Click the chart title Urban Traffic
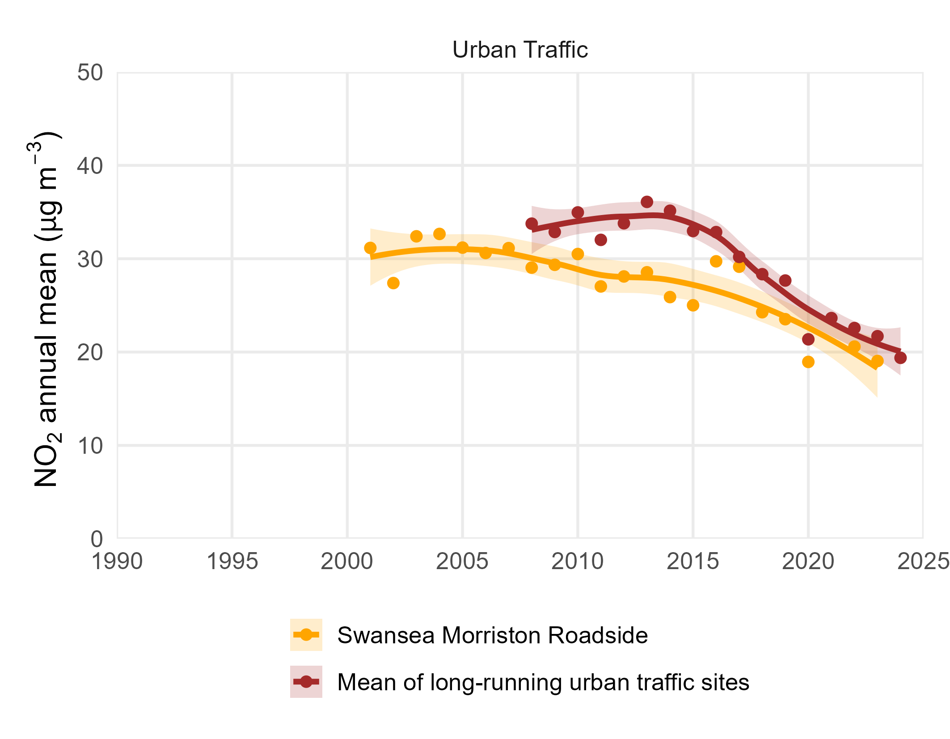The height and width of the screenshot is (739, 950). [x=519, y=50]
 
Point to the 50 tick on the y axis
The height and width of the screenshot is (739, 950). [x=90, y=73]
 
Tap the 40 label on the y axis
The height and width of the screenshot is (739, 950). [x=90, y=166]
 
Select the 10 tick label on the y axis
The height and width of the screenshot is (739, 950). [x=90, y=446]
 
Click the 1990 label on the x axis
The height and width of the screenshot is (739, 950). [x=117, y=562]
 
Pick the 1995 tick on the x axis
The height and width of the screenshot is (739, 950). [x=232, y=562]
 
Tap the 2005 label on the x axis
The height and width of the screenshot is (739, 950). [x=462, y=562]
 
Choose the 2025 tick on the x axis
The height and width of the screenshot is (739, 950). [x=923, y=562]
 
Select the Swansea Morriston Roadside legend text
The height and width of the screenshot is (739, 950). [x=492, y=635]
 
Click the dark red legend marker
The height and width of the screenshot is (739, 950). [x=306, y=682]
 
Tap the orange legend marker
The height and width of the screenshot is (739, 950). [x=306, y=634]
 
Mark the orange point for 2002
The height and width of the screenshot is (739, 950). [x=393, y=283]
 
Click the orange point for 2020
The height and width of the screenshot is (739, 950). [x=808, y=362]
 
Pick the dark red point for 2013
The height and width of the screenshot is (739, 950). [x=647, y=202]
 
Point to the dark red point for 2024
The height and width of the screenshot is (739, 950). [x=900, y=358]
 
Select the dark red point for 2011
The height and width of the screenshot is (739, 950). [x=601, y=240]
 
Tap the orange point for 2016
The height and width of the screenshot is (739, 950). [x=716, y=261]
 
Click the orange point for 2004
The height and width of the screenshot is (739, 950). [x=439, y=234]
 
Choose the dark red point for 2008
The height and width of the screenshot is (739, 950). [x=532, y=223]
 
